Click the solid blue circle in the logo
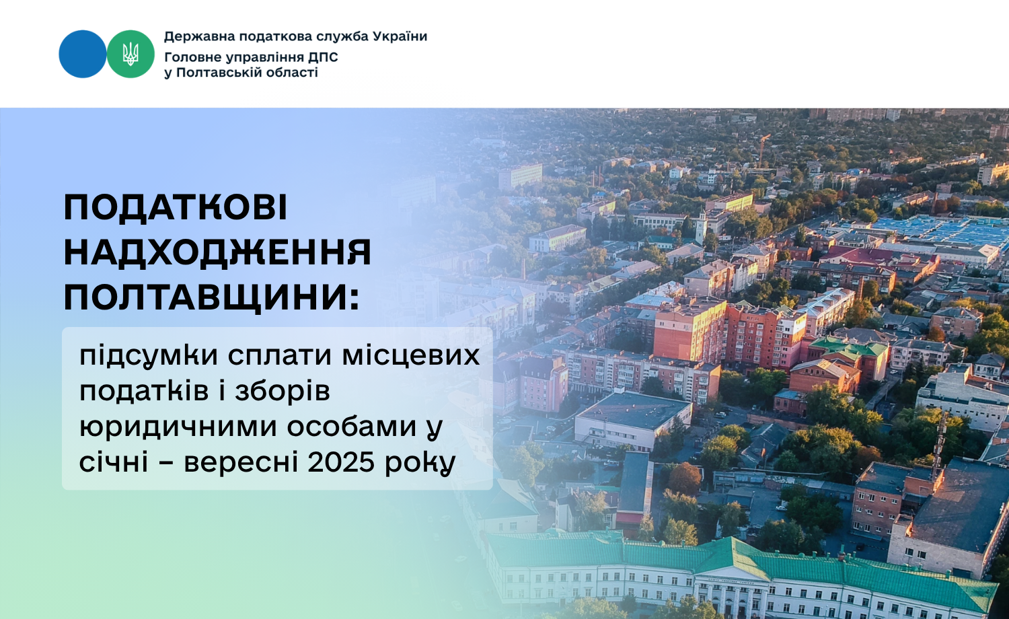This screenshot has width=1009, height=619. (83, 54)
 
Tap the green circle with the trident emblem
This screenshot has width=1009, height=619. (130, 54)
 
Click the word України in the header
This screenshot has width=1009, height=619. (400, 36)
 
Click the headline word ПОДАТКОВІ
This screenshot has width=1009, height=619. (175, 207)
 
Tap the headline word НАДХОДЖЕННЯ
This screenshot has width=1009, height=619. (217, 252)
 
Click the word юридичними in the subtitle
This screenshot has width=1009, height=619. (178, 427)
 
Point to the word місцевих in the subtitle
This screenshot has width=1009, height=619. (411, 356)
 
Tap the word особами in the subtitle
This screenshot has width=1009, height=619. (352, 427)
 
